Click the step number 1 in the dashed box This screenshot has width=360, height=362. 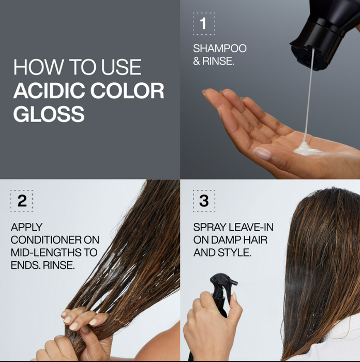coord(203,24)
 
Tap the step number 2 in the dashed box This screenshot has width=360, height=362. coord(22,201)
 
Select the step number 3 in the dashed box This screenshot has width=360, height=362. coord(204,201)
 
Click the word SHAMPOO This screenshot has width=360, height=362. coord(220,49)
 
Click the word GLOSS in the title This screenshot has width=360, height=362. coord(49,114)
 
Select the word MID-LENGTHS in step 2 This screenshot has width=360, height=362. coord(47,253)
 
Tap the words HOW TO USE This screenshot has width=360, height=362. coord(77,68)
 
